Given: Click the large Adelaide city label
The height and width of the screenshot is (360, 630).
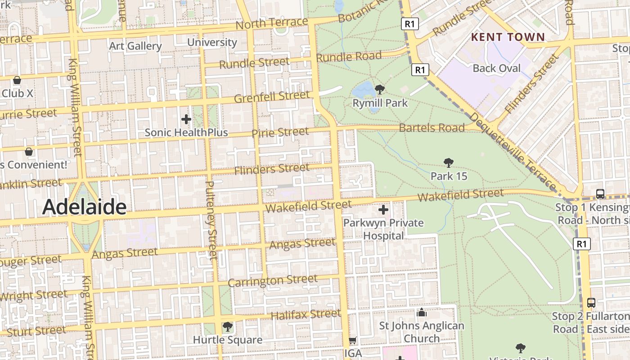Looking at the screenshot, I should (84, 207).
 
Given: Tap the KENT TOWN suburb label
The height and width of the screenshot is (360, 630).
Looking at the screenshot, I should (508, 37).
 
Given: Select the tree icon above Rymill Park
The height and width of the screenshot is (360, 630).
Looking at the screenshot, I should (380, 90).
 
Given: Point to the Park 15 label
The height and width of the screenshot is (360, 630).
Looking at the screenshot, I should (449, 176).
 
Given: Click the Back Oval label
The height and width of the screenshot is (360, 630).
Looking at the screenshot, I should (496, 68).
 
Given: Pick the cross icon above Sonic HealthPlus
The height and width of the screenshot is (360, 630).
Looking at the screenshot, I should (186, 119).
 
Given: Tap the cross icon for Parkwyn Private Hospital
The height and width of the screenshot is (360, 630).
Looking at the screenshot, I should (383, 210).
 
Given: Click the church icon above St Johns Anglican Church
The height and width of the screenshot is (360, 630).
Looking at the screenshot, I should (422, 313).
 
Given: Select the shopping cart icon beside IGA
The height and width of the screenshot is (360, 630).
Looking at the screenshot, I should (353, 341).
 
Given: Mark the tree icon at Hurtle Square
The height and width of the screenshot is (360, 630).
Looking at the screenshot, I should (227, 326).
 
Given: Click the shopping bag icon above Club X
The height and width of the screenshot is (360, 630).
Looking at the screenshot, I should (17, 80).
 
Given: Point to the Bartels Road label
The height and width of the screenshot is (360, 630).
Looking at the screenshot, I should (432, 128).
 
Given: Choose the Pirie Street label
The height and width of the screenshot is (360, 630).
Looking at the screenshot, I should (280, 132).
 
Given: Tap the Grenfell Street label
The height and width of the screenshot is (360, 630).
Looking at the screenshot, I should (272, 97).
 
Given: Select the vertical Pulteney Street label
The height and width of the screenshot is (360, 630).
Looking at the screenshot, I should (211, 220).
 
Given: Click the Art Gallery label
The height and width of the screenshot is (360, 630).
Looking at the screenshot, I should (135, 46).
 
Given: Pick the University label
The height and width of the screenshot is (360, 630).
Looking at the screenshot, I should (211, 42).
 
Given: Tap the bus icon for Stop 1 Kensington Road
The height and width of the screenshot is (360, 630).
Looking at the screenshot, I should (600, 194).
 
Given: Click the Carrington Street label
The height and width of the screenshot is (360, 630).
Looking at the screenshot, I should (272, 281).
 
